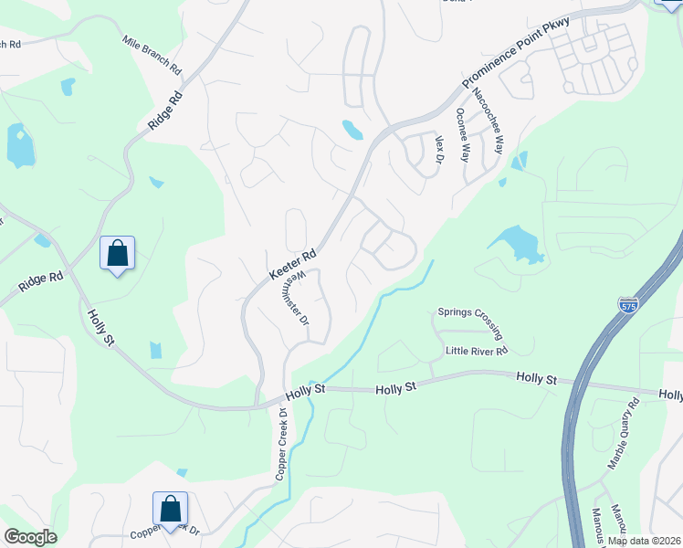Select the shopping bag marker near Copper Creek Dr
tap(170, 509)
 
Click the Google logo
tap(29, 536)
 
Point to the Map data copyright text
tap(644, 541)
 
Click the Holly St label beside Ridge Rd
tap(100, 328)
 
